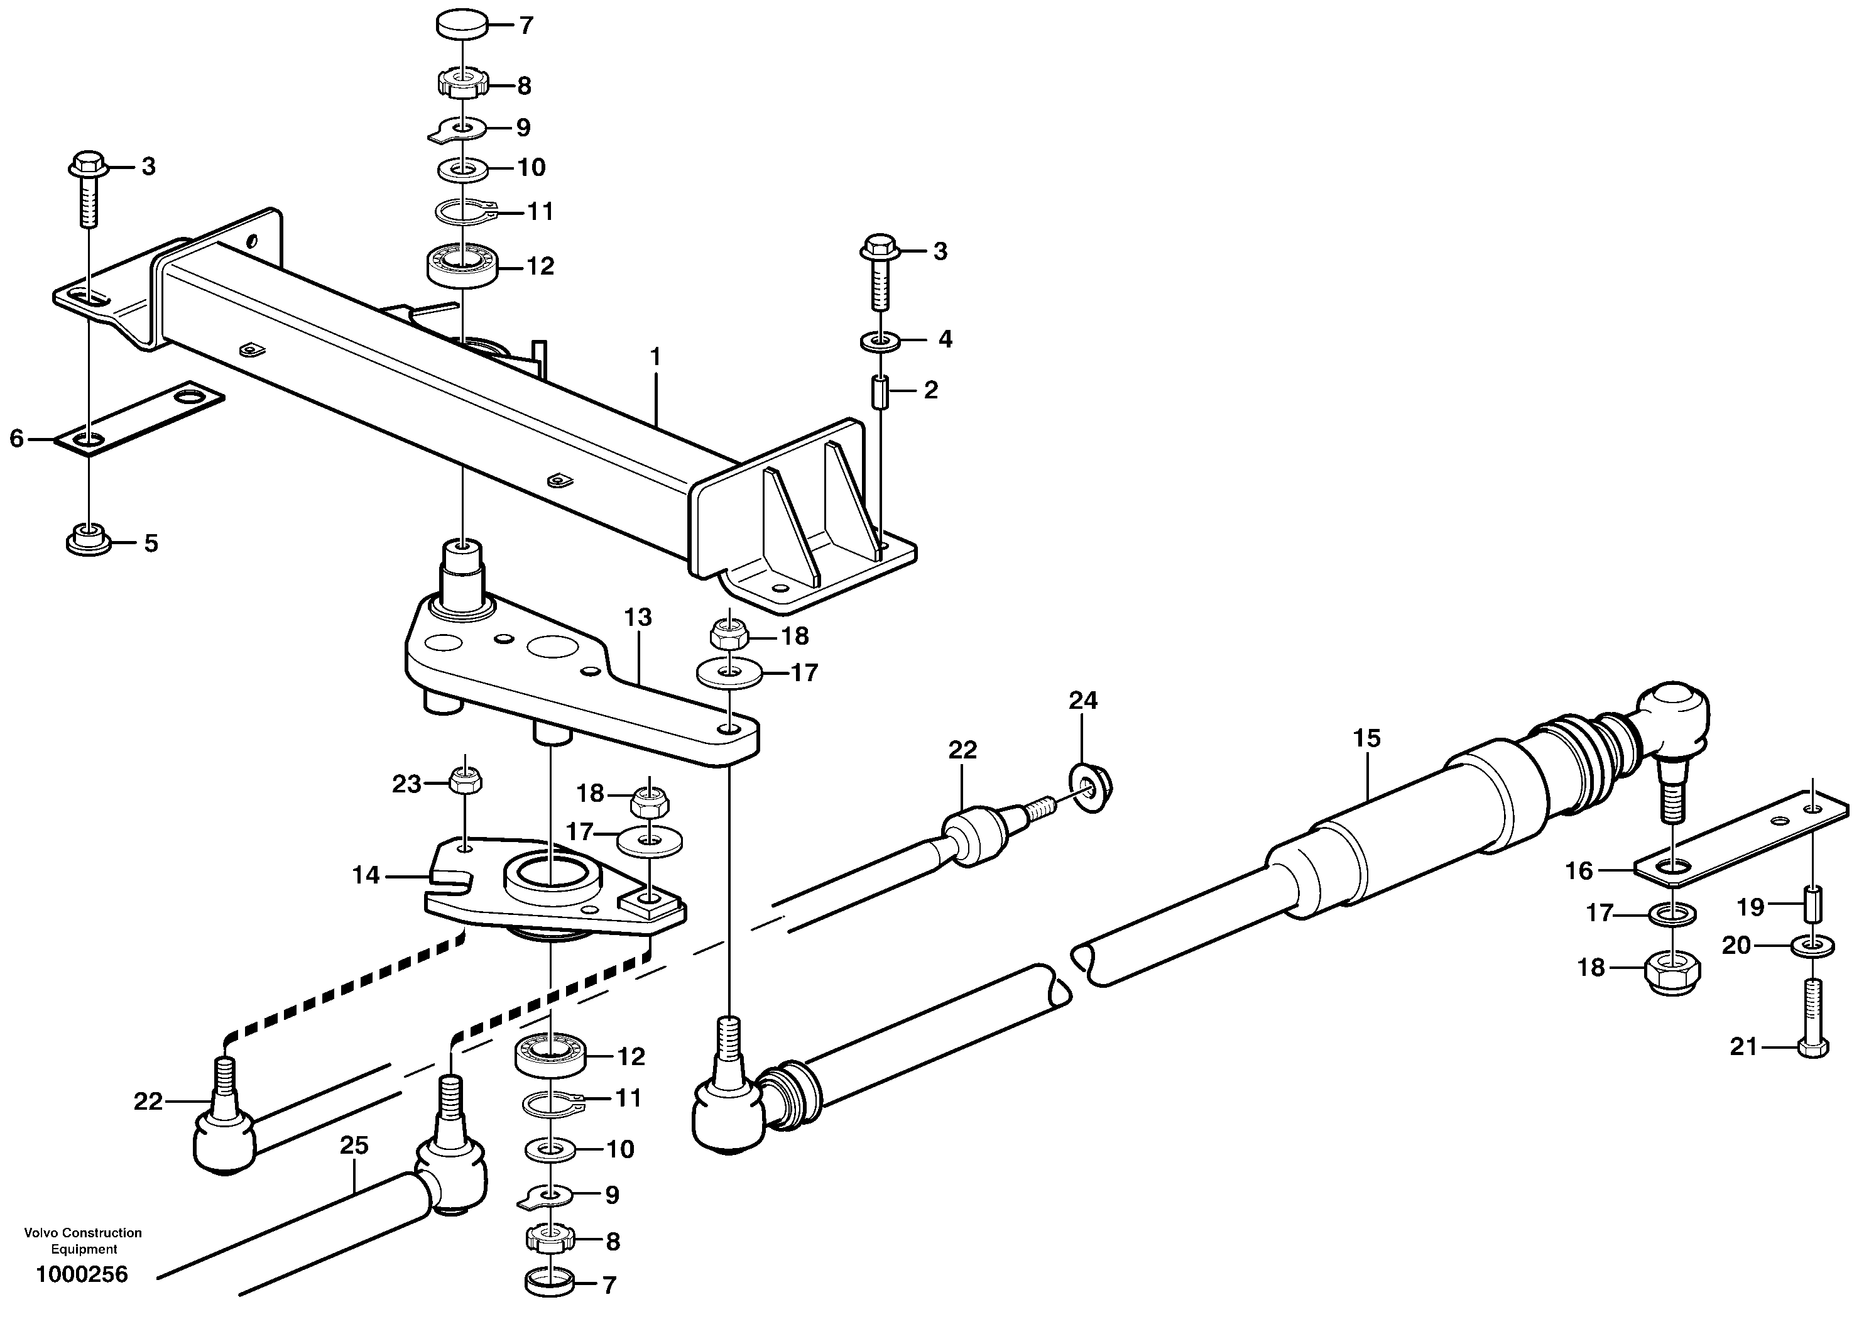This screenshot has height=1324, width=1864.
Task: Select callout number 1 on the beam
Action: tap(655, 357)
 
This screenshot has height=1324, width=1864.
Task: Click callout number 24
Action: tap(1083, 700)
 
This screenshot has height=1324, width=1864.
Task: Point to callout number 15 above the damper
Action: tap(1367, 738)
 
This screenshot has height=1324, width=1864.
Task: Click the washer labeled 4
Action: tap(880, 339)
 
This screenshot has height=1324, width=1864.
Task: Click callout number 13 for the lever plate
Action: tap(638, 617)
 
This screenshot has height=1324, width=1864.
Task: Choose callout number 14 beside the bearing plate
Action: tap(366, 875)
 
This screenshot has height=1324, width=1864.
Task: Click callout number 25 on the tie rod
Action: tap(354, 1146)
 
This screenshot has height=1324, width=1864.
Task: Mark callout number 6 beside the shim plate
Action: tap(17, 439)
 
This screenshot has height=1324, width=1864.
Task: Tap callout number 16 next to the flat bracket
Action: tap(1579, 872)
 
